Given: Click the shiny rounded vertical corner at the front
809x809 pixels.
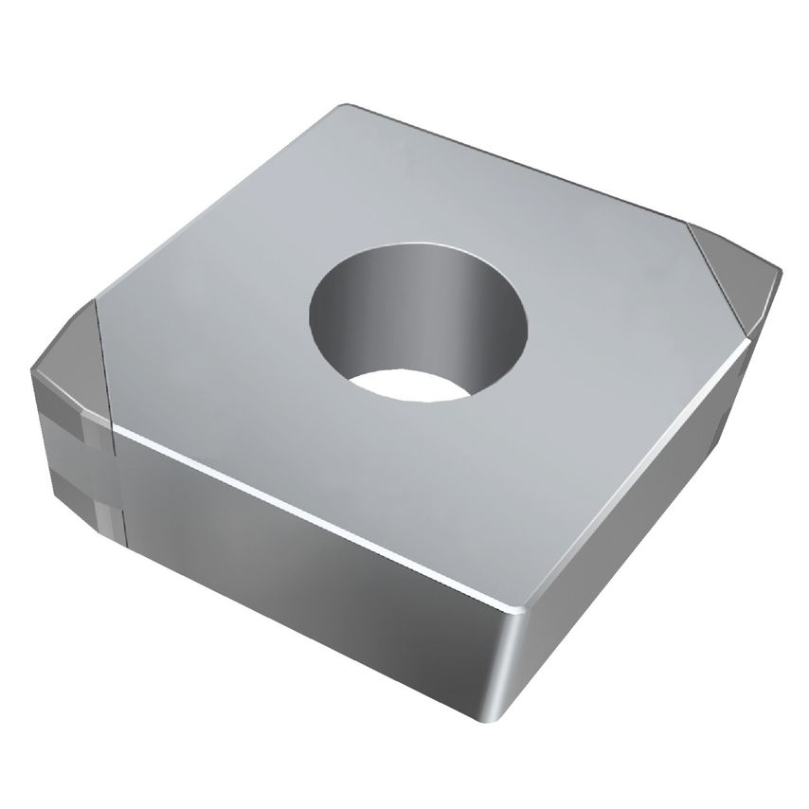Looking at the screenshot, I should click(516, 663).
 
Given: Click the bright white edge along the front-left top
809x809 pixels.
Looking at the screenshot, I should click(313, 516).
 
